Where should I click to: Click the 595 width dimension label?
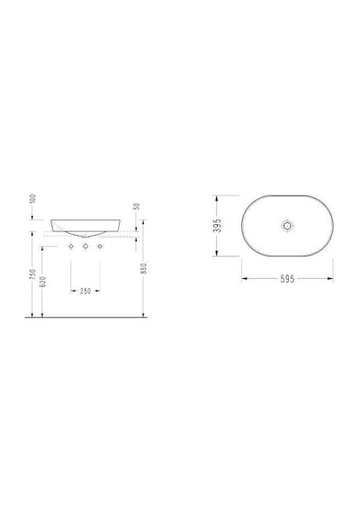click(287, 279)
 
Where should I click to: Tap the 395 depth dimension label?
click(217, 225)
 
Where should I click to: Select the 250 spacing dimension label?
click(85, 291)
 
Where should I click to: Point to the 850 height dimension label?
click(144, 268)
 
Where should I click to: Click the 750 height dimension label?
click(32, 274)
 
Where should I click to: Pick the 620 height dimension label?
click(42, 282)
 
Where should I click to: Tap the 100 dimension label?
click(32, 199)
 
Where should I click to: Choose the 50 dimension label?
click(137, 206)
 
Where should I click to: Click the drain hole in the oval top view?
click(287, 225)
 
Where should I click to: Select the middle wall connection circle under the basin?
click(85, 246)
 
